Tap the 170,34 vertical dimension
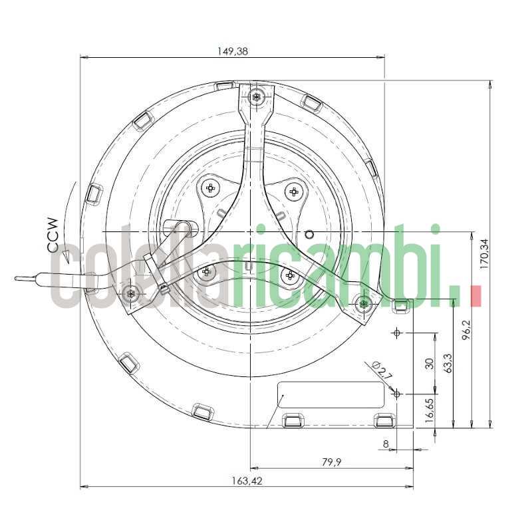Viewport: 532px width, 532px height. (484, 253)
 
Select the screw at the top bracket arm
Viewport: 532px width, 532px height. (257, 97)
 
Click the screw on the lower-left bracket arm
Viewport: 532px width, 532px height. (131, 293)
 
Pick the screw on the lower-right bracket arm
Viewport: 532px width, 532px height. (362, 305)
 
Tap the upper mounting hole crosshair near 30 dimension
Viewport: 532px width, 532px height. (397, 332)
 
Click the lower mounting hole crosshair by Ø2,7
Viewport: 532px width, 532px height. (397, 394)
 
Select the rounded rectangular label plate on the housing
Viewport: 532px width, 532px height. (331, 395)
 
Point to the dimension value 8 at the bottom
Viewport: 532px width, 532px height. (386, 443)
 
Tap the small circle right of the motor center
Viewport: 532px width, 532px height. (309, 234)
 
